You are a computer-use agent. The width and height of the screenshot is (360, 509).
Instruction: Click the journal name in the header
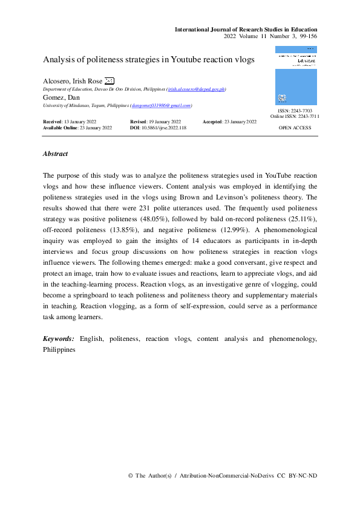[x=246, y=29]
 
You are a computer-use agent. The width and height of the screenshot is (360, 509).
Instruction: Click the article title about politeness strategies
[x=149, y=60]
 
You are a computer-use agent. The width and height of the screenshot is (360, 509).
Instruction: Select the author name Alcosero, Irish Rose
[x=73, y=81]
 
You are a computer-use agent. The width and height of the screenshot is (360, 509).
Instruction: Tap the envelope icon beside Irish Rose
[x=109, y=81]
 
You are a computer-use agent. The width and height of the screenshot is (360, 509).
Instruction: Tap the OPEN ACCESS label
[x=295, y=128]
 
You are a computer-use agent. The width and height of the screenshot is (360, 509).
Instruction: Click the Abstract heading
[x=55, y=154]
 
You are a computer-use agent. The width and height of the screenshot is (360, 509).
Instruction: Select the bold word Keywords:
[x=59, y=339]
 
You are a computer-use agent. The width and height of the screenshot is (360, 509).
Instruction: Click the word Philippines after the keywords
[x=59, y=349]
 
